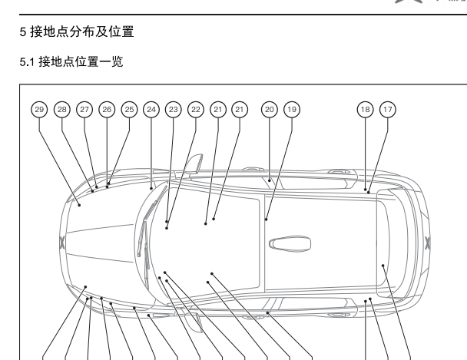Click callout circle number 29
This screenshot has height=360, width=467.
[39, 110]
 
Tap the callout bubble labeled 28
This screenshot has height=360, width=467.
[62, 110]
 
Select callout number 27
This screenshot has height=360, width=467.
[84, 110]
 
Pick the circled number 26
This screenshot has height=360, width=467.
[107, 110]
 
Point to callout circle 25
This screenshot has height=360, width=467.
[129, 110]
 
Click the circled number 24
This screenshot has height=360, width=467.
[151, 110]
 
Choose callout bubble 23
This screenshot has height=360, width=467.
[174, 110]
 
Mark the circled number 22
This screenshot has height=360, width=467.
[196, 110]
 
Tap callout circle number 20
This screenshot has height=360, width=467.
[270, 110]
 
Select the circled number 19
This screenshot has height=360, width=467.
[292, 110]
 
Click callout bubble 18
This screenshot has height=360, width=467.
[365, 110]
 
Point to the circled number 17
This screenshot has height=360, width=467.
[387, 110]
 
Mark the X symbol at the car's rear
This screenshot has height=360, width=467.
[428, 244]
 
